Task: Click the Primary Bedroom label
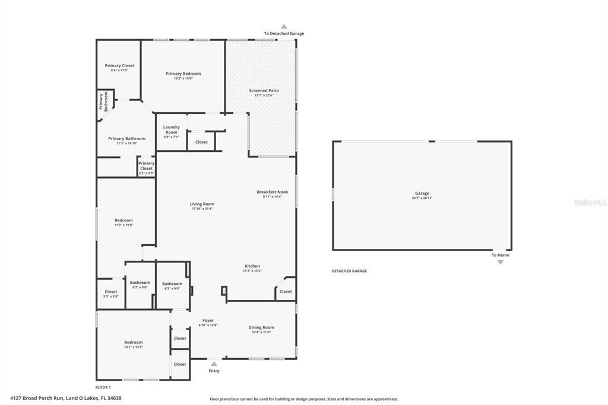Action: click(x=183, y=74)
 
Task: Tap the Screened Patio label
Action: click(x=264, y=91)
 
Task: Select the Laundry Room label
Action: click(x=172, y=129)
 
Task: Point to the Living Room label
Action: click(x=202, y=204)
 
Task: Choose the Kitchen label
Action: click(x=252, y=266)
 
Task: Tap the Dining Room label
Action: click(x=261, y=327)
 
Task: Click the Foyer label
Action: click(x=208, y=321)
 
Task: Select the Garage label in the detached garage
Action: click(x=422, y=194)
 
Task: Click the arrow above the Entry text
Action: click(x=214, y=362)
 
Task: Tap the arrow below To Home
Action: click(x=500, y=262)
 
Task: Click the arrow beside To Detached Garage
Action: click(x=284, y=27)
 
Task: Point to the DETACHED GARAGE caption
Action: click(x=349, y=271)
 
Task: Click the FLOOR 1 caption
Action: click(x=103, y=387)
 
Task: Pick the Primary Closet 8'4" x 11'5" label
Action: click(x=119, y=66)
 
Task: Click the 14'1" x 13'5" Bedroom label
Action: click(x=134, y=342)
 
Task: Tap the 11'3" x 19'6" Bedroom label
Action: click(x=123, y=220)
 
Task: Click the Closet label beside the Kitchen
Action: click(x=286, y=292)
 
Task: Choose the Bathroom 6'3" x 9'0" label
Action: click(x=172, y=284)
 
